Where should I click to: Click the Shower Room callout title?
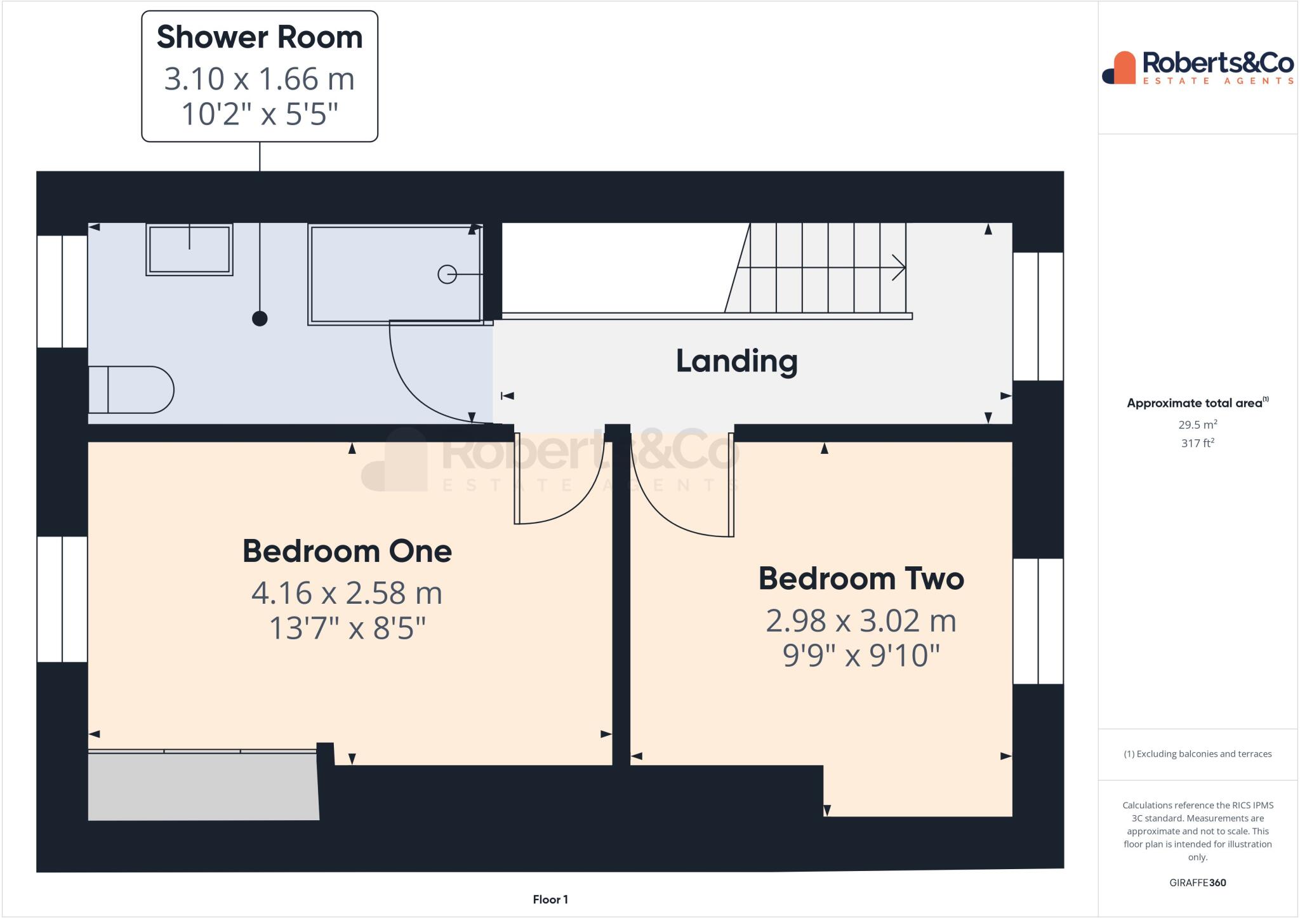[260, 37]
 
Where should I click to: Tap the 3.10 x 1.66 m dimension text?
[260, 79]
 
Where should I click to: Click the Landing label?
[736, 361]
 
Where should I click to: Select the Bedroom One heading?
[347, 551]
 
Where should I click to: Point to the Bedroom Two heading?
[861, 579]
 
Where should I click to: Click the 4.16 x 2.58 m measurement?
[347, 593]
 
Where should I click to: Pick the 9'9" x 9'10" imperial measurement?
[861, 655]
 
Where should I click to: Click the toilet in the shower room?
[131, 390]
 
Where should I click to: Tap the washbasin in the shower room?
[189, 249]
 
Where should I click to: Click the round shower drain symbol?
[447, 274]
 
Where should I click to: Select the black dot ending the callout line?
[260, 319]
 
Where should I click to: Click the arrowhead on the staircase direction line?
[899, 267]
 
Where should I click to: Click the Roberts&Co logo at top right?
[1198, 67]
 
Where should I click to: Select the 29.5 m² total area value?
[1197, 425]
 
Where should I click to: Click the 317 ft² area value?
[1197, 443]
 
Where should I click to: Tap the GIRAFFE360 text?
[1197, 882]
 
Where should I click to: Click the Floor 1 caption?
[550, 900]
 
